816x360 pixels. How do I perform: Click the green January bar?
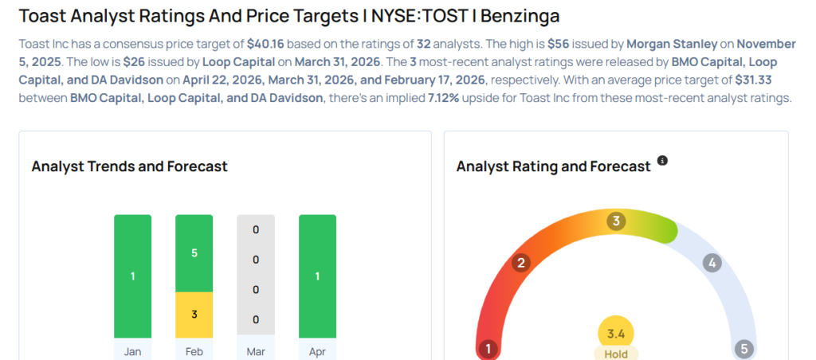click(x=132, y=276)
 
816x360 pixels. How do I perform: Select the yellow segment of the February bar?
click(x=194, y=314)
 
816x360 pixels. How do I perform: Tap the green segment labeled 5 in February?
click(x=194, y=253)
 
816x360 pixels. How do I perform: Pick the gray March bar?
click(x=255, y=276)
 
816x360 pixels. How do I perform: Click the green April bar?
click(x=317, y=276)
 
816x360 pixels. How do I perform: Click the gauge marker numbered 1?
click(x=488, y=349)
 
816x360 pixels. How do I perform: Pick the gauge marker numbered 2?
click(x=521, y=263)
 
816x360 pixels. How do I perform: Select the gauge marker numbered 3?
click(x=615, y=221)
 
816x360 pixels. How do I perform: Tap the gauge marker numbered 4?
click(x=712, y=263)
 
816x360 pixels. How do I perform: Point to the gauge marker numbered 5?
click(x=744, y=349)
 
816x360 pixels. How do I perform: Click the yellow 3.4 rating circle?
click(x=616, y=333)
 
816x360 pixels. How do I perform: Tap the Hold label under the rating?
click(x=616, y=354)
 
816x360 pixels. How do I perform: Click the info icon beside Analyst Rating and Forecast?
click(x=662, y=161)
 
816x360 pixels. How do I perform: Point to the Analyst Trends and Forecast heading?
click(x=129, y=166)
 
